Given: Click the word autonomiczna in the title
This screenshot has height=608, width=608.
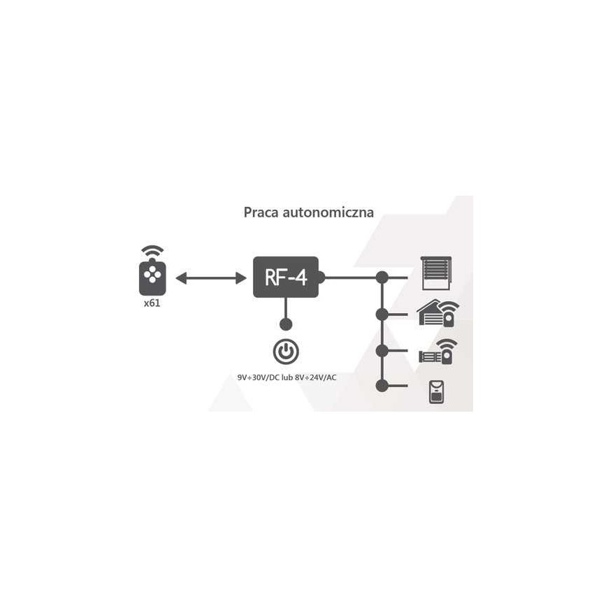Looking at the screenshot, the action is (328, 213).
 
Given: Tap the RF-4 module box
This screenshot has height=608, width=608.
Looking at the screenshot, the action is (286, 277).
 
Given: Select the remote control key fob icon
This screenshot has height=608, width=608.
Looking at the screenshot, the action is (152, 277).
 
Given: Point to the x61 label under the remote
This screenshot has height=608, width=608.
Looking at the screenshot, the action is (152, 303).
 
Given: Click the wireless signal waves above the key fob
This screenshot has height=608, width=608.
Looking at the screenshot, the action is (152, 250).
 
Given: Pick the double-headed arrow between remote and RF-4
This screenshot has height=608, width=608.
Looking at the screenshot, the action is (211, 278).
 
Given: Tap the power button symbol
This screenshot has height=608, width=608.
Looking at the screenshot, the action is (286, 352).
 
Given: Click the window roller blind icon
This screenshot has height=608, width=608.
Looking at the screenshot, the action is (436, 273).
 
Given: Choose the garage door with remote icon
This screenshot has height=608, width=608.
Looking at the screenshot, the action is (437, 313).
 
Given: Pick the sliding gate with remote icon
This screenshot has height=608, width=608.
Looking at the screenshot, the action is (438, 352).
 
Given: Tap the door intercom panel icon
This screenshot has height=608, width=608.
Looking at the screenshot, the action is (436, 392).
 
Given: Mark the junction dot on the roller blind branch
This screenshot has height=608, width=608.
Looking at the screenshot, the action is (382, 277).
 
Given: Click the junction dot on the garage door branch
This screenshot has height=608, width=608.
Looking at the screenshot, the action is (382, 314).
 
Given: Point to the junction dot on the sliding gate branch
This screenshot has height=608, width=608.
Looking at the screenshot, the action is (382, 351).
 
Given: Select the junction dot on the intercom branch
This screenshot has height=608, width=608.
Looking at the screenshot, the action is (382, 386).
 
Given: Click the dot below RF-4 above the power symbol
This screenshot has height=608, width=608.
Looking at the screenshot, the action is (286, 324).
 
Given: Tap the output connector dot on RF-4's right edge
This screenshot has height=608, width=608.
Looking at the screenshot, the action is (320, 277).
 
